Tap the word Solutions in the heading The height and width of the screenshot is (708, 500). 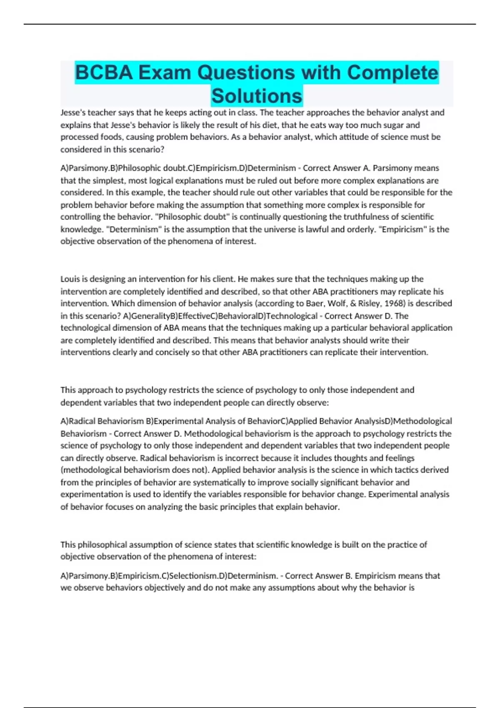[257, 96]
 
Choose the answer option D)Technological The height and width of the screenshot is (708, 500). [287, 316]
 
